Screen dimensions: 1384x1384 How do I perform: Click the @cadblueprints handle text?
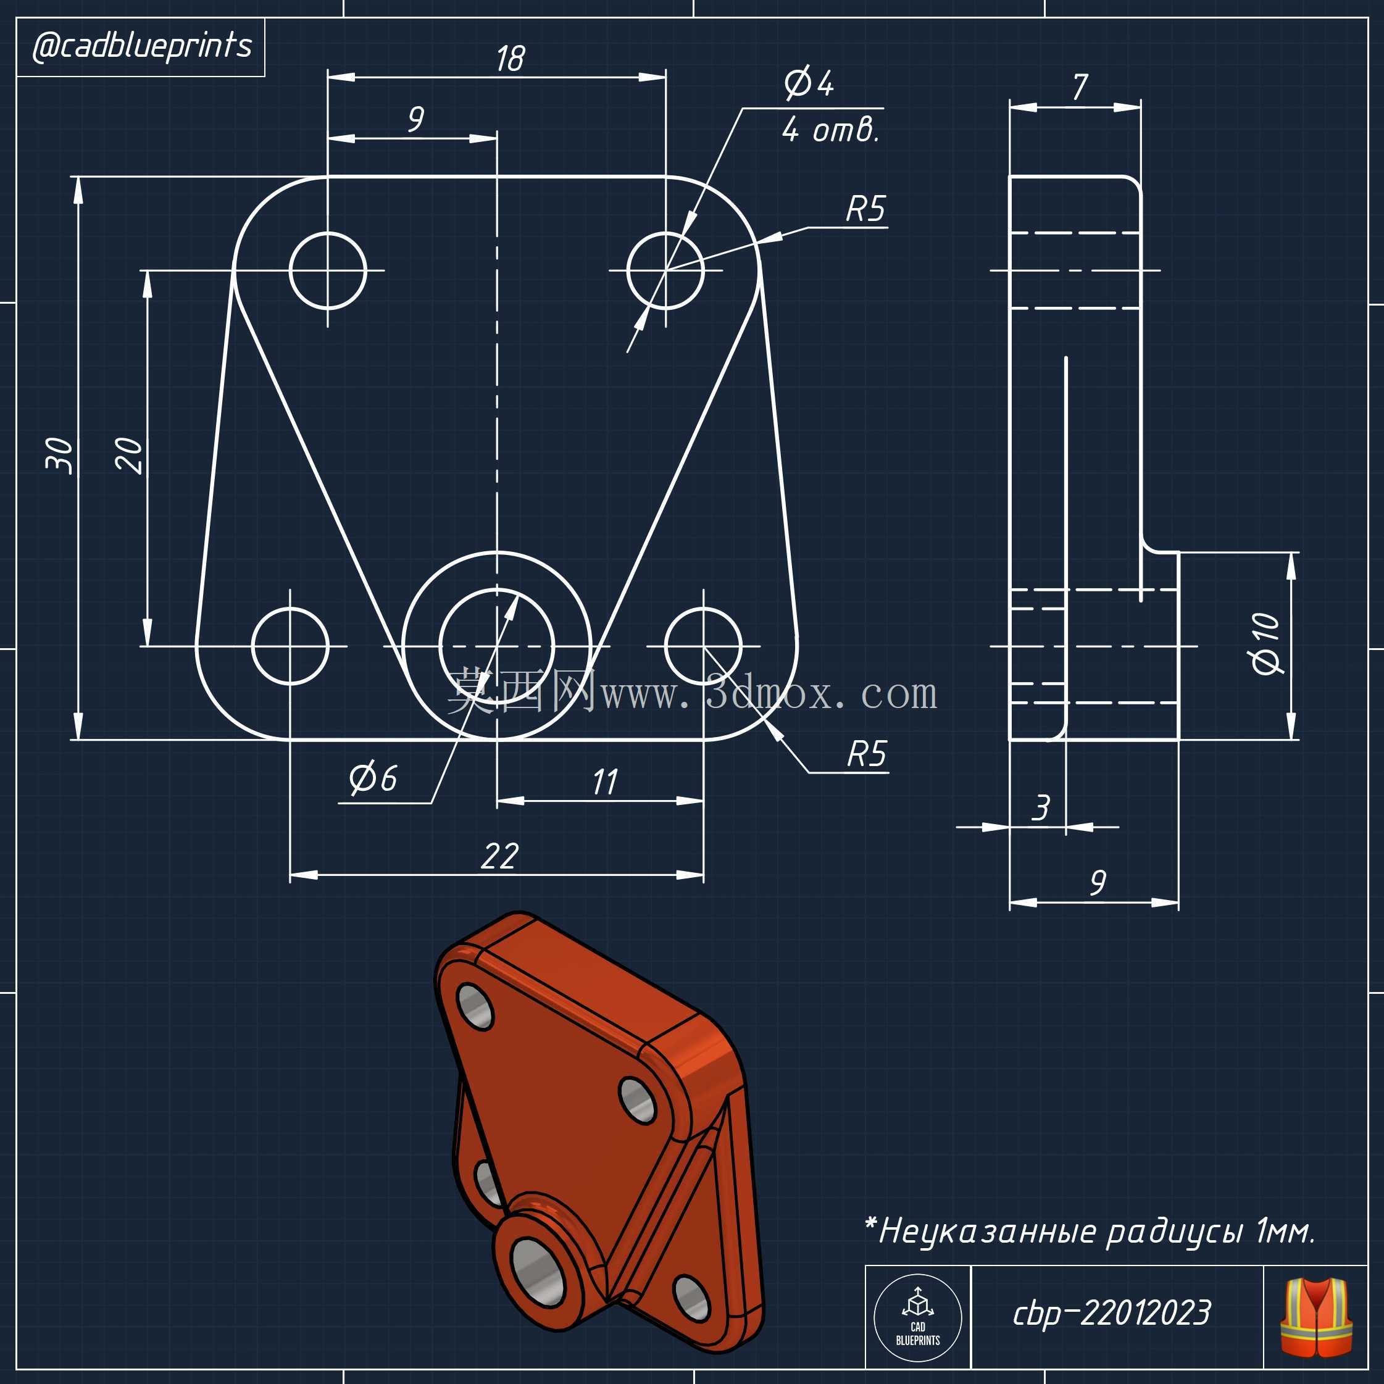142,46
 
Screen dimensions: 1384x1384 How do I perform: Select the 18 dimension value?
510,59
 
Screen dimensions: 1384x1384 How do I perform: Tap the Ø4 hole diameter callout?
809,83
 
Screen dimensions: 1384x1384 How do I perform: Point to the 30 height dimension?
59,456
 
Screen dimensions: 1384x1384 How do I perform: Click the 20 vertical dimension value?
129,456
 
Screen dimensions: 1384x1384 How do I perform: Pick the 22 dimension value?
499,856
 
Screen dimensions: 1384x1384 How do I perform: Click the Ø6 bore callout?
372,778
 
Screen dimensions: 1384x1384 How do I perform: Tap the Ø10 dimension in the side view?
1267,644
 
